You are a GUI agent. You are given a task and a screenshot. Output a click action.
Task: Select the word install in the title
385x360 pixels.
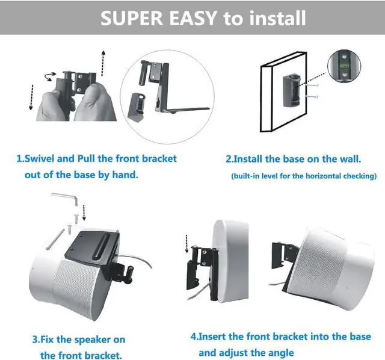click(x=274, y=18)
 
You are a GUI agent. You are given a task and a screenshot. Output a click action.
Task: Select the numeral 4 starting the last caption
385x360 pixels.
click(x=194, y=337)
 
